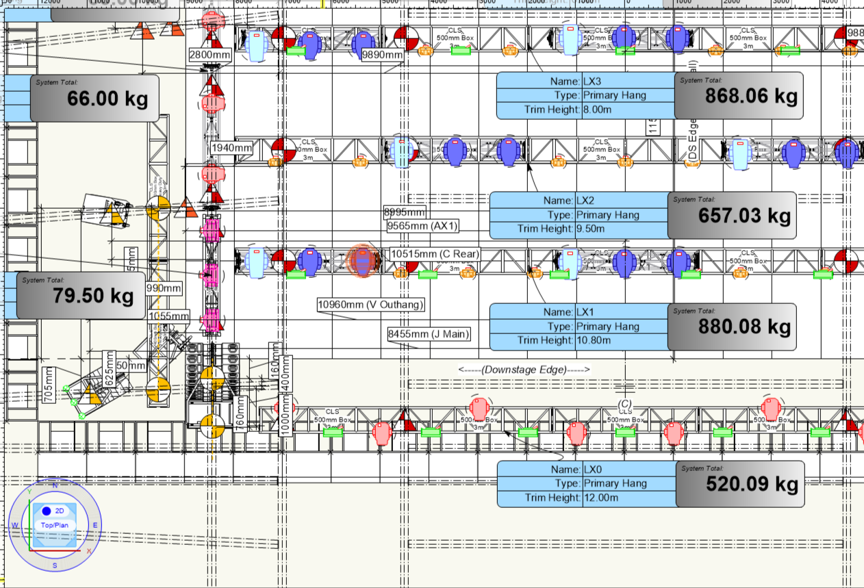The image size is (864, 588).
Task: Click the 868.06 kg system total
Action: [739, 95]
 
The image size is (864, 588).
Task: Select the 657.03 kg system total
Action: [732, 215]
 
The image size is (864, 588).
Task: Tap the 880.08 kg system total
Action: [732, 327]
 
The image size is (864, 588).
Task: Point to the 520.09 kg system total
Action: [740, 484]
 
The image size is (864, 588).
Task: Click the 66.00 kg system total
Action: [95, 98]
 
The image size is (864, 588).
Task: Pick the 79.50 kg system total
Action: [81, 295]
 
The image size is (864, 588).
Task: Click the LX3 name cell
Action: [627, 81]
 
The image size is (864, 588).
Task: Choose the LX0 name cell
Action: [627, 470]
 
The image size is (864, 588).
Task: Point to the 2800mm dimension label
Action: [208, 55]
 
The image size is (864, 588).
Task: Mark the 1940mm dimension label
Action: [231, 148]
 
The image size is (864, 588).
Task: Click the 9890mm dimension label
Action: [382, 55]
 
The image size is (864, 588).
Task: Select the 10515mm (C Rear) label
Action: [434, 254]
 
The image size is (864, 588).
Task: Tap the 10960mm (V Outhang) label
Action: [370, 304]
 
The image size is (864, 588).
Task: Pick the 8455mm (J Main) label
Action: [429, 334]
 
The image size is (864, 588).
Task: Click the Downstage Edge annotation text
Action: [524, 370]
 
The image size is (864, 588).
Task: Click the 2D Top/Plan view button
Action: [55, 517]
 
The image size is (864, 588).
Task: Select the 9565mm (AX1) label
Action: [422, 225]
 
